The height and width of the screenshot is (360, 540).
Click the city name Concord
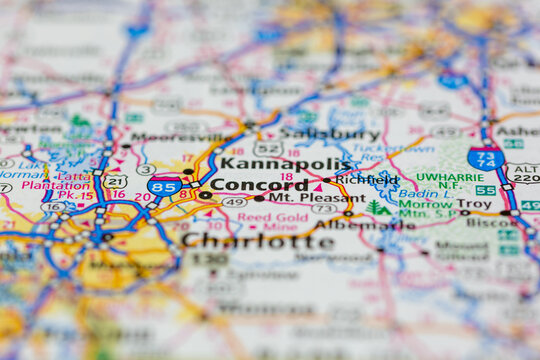[259, 184]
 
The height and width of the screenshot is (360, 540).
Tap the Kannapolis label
[285, 163]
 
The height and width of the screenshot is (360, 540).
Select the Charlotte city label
[258, 241]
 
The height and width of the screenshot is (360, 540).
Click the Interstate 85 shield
[163, 186]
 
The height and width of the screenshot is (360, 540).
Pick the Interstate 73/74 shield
[485, 158]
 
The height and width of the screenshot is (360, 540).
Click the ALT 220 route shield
[524, 173]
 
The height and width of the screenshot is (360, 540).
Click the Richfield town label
[366, 180]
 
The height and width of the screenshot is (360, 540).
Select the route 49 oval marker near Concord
[235, 202]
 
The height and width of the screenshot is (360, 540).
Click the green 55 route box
[485, 190]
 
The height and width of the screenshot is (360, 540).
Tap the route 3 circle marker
[146, 170]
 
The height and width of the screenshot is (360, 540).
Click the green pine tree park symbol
[375, 207]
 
